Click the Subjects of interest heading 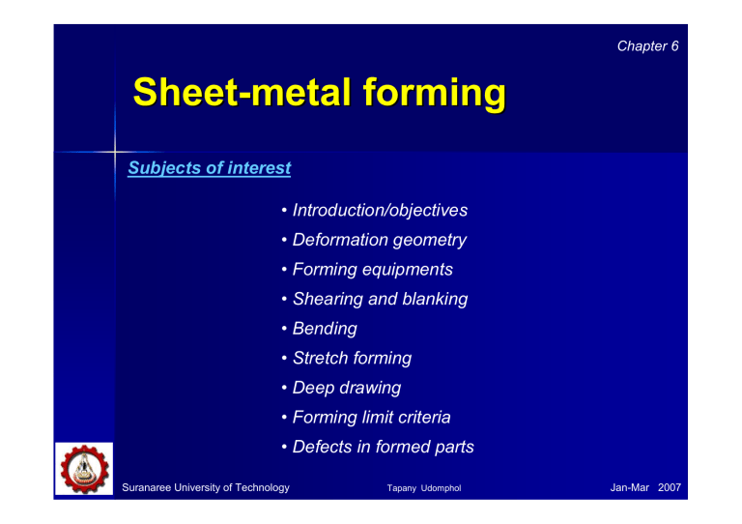[210, 168]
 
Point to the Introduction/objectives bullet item [380, 210]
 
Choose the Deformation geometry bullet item [380, 240]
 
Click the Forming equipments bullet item [372, 270]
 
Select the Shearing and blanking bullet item [380, 300]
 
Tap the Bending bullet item [325, 329]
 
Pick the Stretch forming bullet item [352, 359]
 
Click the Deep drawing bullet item [346, 389]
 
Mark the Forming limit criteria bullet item [371, 418]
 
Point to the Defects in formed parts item [383, 448]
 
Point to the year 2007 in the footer [667, 488]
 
